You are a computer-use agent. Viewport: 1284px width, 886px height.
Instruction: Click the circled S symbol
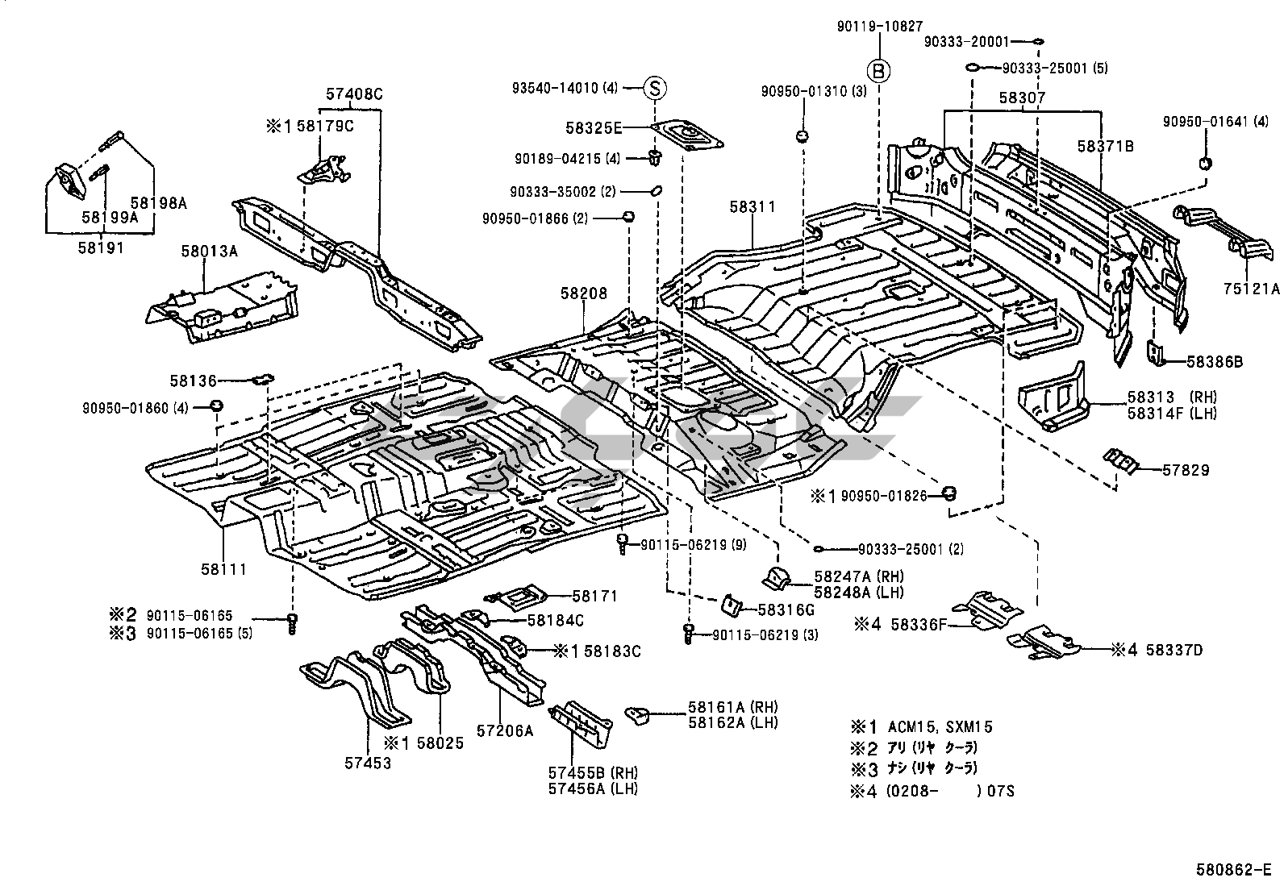[655, 88]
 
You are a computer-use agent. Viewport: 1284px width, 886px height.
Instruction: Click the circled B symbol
[878, 71]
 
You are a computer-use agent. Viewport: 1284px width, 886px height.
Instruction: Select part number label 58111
[223, 569]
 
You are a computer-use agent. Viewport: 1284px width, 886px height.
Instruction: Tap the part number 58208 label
[584, 293]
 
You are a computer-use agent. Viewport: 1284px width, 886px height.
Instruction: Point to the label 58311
[752, 207]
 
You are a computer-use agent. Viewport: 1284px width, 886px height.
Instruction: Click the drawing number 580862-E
[1233, 869]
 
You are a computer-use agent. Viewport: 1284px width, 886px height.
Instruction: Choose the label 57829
[1186, 470]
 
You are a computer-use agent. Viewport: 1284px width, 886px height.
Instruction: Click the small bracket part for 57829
[1120, 461]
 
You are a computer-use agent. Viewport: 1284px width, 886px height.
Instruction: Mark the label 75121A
[1251, 289]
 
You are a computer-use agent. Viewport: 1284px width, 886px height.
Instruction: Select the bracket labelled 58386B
[1154, 351]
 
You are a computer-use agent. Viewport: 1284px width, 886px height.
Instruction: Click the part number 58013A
[209, 251]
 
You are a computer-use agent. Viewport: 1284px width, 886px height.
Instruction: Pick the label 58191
[101, 248]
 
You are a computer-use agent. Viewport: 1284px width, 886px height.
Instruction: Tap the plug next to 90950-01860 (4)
[216, 406]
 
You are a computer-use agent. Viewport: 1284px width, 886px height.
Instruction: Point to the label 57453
[368, 763]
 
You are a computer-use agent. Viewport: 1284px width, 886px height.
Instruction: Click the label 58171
[595, 596]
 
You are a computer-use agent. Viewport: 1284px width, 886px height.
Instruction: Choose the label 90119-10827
[880, 27]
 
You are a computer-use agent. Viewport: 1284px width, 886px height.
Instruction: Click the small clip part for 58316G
[731, 605]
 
